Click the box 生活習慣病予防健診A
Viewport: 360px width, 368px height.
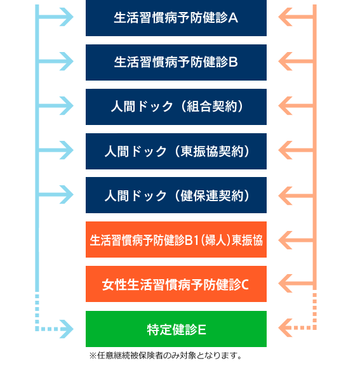click(176, 18)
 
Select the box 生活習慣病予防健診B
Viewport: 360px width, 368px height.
click(176, 62)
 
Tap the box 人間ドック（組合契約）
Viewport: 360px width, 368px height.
click(176, 107)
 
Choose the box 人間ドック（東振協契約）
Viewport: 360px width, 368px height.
click(176, 151)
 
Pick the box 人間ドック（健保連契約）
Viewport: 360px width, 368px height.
click(176, 195)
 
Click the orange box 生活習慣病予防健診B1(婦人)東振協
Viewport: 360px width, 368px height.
click(176, 240)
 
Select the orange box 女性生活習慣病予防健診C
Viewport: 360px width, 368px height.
click(176, 284)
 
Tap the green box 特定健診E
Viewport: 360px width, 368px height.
click(176, 329)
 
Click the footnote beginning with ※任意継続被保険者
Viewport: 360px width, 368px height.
click(166, 355)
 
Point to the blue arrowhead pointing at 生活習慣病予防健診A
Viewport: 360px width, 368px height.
click(67, 17)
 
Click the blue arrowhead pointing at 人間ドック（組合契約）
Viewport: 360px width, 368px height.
click(67, 105)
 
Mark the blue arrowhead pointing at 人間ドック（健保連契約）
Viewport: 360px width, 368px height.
click(67, 195)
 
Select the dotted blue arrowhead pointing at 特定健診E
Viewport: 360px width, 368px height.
click(67, 329)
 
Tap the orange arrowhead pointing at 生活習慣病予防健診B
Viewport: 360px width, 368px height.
click(285, 62)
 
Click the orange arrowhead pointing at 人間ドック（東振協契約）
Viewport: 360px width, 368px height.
click(285, 150)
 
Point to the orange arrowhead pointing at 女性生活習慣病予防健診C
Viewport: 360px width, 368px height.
click(285, 283)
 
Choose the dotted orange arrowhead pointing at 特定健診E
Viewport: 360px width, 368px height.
click(285, 328)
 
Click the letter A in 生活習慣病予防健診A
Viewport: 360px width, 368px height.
click(233, 18)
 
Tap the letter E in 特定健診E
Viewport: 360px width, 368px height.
click(202, 330)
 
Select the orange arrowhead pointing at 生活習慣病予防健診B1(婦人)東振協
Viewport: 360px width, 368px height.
click(285, 240)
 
